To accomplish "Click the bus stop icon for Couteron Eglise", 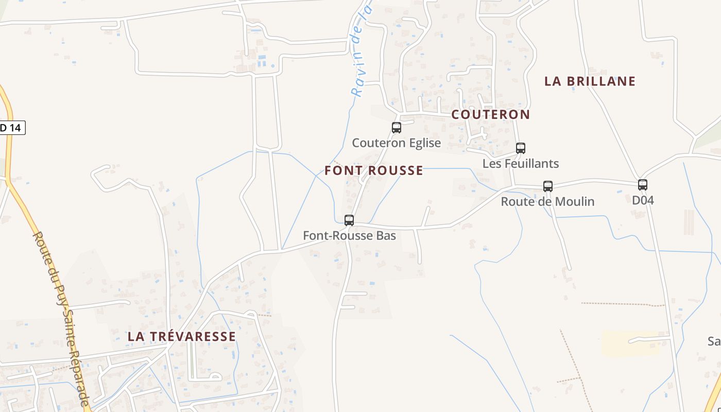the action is pos(397,128).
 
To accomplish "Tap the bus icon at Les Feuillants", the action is pos(521,148).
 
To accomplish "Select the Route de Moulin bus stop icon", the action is pos(548,186).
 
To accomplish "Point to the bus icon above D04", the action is pos(643,185).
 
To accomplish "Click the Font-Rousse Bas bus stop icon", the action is pos(349,220).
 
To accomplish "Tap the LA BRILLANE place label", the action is pos(590,81).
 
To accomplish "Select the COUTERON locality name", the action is pos(491,115).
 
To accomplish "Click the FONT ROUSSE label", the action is pos(374,170).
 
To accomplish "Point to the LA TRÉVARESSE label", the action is pos(182,336).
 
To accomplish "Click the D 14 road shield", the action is pos(11,128).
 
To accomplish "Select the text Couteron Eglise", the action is pos(397,143).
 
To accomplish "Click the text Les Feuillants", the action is pos(521,164).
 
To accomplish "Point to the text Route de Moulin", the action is pos(547,201).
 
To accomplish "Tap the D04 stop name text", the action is pos(643,200).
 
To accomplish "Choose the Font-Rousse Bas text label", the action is pos(349,236).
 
